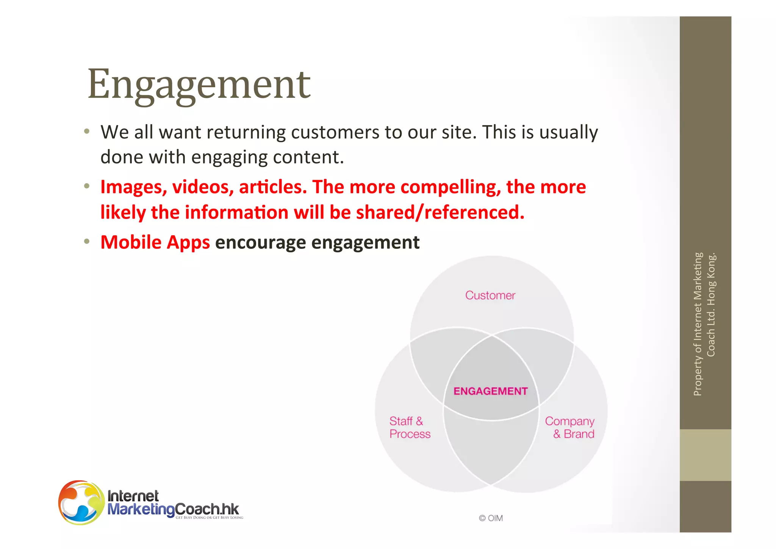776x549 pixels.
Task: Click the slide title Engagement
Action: click(199, 84)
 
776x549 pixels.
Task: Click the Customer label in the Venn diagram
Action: click(490, 295)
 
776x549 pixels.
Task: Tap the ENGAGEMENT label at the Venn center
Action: click(490, 391)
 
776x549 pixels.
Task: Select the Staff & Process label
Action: click(410, 428)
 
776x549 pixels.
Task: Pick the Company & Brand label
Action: click(569, 428)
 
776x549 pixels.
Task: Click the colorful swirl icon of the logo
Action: click(81, 502)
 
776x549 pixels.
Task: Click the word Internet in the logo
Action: click(133, 496)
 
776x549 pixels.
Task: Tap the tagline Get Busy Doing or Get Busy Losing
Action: click(209, 518)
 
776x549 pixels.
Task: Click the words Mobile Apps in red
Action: click(155, 242)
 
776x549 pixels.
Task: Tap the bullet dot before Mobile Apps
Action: click(87, 241)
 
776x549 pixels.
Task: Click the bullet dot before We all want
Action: click(87, 132)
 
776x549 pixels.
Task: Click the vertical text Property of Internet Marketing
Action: click(698, 324)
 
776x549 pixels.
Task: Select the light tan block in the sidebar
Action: click(705, 455)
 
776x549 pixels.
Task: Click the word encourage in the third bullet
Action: click(260, 242)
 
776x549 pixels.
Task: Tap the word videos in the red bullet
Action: click(203, 187)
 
